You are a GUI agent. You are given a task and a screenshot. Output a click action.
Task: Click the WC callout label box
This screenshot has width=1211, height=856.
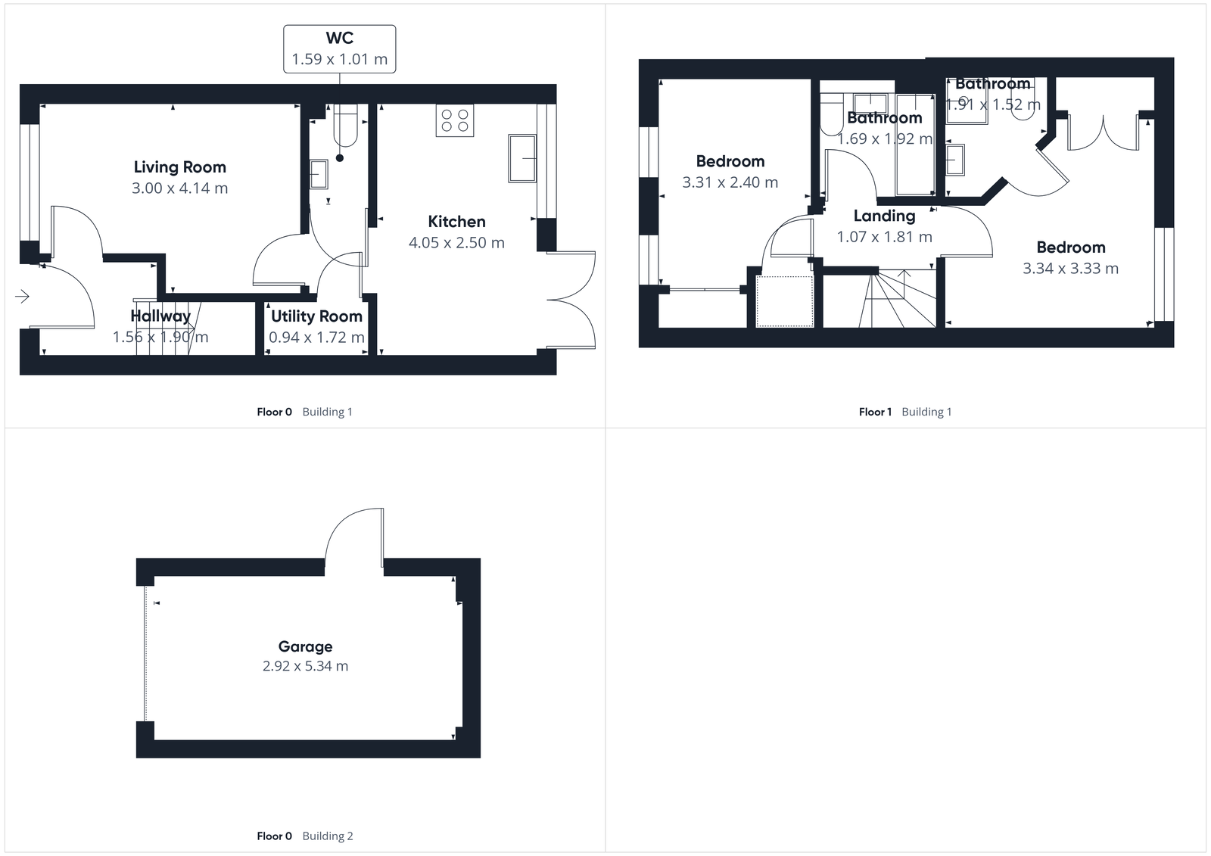[x=339, y=48]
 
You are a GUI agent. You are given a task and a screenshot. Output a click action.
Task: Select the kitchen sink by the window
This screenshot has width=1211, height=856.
[x=522, y=158]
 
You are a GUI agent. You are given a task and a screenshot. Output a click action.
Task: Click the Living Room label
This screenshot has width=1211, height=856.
[x=179, y=167]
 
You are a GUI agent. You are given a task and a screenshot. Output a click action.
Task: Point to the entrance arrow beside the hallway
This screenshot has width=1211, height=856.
[x=22, y=296]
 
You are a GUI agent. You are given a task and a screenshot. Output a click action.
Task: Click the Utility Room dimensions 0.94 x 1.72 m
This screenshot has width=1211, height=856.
[x=316, y=338]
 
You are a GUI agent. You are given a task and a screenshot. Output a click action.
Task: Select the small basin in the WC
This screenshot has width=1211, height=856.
[x=319, y=174]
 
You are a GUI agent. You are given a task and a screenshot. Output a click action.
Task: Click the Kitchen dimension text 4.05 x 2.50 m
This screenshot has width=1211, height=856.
[x=456, y=243]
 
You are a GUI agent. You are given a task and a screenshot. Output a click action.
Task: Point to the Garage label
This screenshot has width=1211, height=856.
[x=305, y=646]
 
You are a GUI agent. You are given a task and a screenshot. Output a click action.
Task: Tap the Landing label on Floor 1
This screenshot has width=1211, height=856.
[x=884, y=216]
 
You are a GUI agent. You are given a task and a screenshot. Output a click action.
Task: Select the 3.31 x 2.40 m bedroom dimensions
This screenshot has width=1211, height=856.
[x=730, y=182]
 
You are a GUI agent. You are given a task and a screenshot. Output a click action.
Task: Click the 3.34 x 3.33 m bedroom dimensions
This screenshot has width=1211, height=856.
[x=1070, y=269]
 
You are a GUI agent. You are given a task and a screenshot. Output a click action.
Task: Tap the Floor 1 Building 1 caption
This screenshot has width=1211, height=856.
[x=905, y=412]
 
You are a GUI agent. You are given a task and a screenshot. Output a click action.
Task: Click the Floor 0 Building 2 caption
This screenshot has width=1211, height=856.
[x=305, y=836]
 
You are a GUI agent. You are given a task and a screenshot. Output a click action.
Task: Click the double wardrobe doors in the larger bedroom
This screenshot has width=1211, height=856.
[x=1104, y=133]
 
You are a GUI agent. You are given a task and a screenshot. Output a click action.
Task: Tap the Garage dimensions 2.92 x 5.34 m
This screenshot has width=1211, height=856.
[x=305, y=666]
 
